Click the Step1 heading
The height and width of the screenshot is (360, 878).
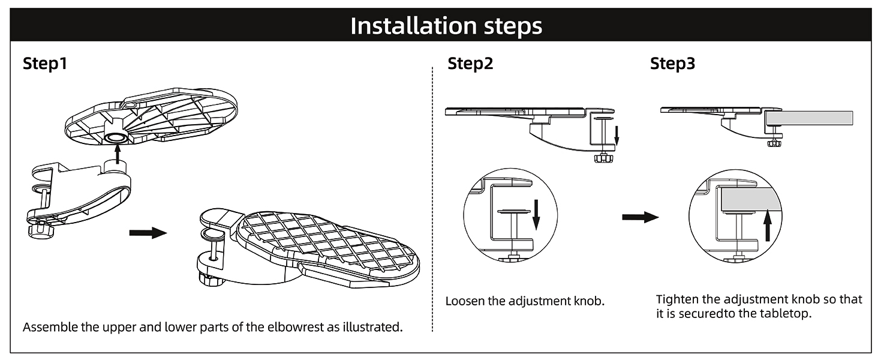(44, 64)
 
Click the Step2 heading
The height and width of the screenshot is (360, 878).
(470, 64)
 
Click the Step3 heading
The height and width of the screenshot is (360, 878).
(672, 64)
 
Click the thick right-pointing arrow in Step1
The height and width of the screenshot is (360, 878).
(148, 232)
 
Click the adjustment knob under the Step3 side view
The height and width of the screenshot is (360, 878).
(774, 143)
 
